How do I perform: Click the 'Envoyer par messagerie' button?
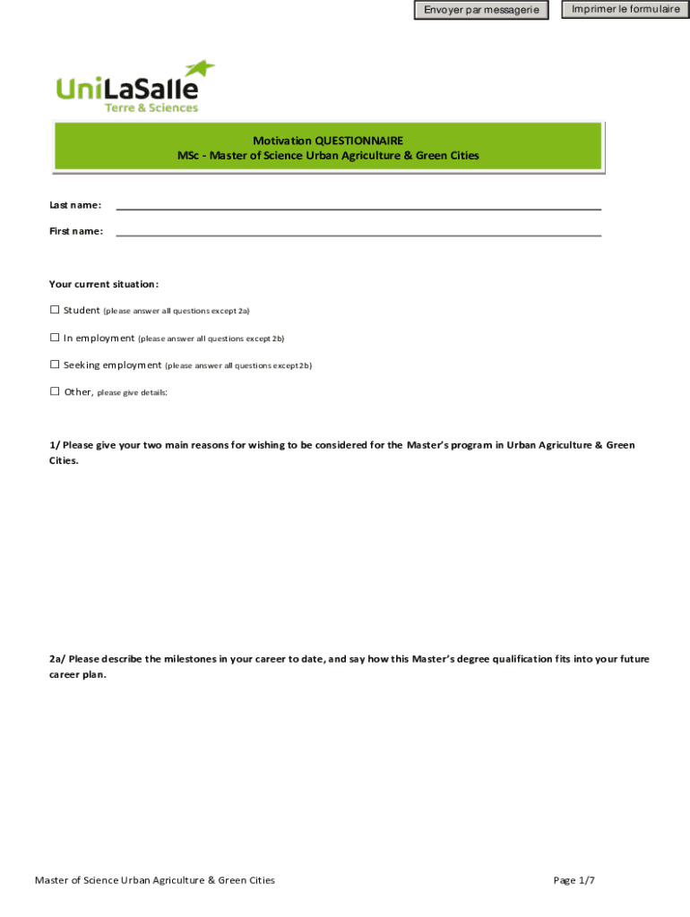click(481, 11)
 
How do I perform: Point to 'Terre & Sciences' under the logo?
click(151, 107)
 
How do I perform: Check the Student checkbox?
click(55, 310)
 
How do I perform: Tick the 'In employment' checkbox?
click(55, 338)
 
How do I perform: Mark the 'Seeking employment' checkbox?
click(55, 364)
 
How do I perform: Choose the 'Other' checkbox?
click(55, 391)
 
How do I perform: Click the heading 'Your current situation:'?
click(104, 285)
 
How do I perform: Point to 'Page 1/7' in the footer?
click(574, 880)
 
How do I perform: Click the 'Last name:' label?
click(75, 206)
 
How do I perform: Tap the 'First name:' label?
click(76, 232)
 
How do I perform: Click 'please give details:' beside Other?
click(132, 393)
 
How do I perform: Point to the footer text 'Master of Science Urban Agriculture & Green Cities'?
click(155, 880)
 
